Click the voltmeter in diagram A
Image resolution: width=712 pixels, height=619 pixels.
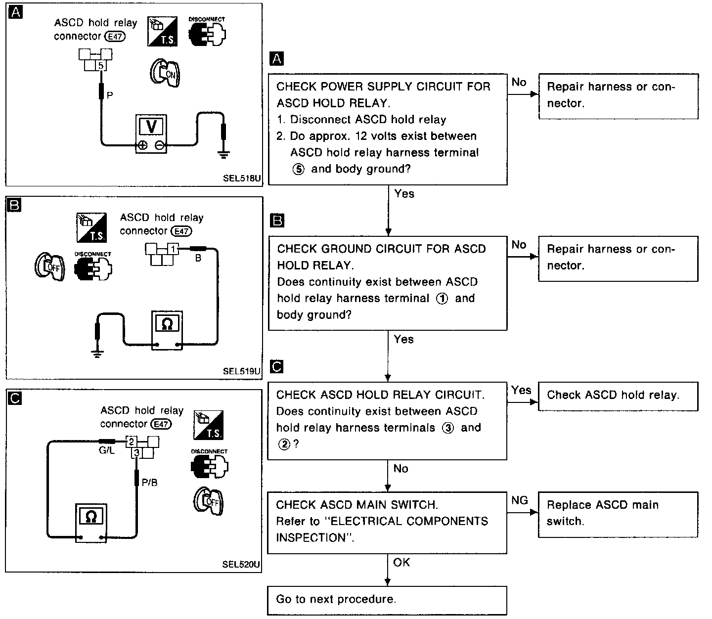pyautogui.click(x=151, y=134)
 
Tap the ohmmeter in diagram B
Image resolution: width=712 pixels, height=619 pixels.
pyautogui.click(x=167, y=330)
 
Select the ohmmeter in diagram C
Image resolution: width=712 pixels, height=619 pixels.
pyautogui.click(x=91, y=523)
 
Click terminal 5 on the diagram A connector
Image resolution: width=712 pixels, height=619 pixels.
pyautogui.click(x=100, y=65)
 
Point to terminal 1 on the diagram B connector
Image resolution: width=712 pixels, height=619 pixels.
pyautogui.click(x=173, y=249)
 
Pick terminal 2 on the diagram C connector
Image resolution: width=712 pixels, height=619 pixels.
pyautogui.click(x=131, y=442)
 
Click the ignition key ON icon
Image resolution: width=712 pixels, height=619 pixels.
pyautogui.click(x=165, y=73)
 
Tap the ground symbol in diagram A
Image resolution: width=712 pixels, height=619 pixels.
pyautogui.click(x=223, y=154)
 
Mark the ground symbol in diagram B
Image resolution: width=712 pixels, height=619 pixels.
pyautogui.click(x=97, y=354)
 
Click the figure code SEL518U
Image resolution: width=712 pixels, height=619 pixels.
pyautogui.click(x=242, y=178)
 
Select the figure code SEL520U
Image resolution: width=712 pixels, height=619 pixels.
pyautogui.click(x=241, y=564)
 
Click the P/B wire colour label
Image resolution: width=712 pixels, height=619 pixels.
pyautogui.click(x=150, y=482)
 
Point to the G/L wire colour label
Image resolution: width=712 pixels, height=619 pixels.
pyautogui.click(x=106, y=450)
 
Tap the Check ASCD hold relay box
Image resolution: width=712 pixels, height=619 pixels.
pyautogui.click(x=618, y=397)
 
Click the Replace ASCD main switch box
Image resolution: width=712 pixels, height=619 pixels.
pyautogui.click(x=618, y=514)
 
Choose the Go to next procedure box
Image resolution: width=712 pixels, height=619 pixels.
pyautogui.click(x=387, y=600)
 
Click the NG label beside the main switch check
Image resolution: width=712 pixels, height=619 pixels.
pyautogui.click(x=519, y=500)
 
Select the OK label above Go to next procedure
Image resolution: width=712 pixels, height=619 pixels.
pyautogui.click(x=401, y=562)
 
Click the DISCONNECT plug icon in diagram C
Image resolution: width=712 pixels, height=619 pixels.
pyautogui.click(x=210, y=463)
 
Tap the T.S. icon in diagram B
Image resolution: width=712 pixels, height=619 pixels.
pyautogui.click(x=91, y=227)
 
